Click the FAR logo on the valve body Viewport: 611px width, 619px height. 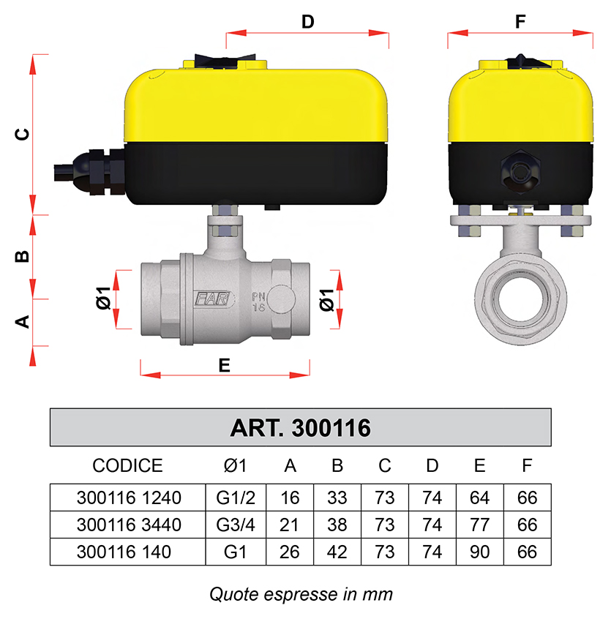(212, 299)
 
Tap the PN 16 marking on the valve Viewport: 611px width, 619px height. (258, 301)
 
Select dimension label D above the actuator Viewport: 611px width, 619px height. (308, 22)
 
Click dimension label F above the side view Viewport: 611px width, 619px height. (520, 21)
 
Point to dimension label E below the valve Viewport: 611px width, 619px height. (224, 366)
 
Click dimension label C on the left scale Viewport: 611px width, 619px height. (22, 134)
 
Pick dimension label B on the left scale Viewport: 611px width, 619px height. (22, 257)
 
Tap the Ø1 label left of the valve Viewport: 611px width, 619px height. (103, 298)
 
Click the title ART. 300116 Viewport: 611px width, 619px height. (300, 427)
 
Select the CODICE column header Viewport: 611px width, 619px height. (127, 465)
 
